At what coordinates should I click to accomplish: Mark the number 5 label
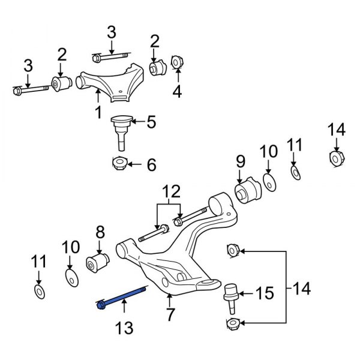click(x=151, y=122)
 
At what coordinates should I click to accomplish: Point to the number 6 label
click(x=151, y=163)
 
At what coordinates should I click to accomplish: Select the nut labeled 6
click(x=119, y=163)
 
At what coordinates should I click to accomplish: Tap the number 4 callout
click(x=177, y=92)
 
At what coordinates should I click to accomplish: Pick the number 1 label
click(x=97, y=112)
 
